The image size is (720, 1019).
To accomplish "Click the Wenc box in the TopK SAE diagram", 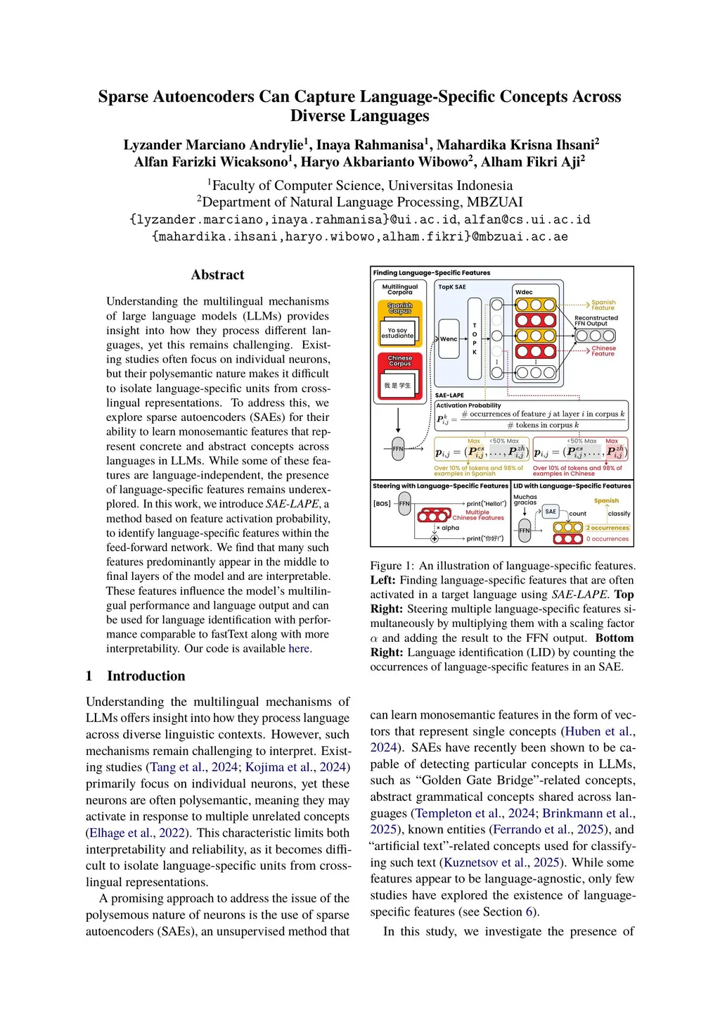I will (x=449, y=339).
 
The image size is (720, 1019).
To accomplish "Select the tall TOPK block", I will (x=475, y=338).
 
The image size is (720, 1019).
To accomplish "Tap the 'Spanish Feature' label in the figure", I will (x=603, y=305).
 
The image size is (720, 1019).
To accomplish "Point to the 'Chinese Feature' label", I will (x=603, y=350).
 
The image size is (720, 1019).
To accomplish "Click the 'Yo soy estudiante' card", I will (x=397, y=333).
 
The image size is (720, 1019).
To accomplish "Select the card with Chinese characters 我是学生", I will (x=397, y=386).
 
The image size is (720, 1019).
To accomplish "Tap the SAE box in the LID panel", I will (x=551, y=512).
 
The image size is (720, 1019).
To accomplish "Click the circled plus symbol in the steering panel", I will (x=435, y=538).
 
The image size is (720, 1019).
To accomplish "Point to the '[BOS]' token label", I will (x=382, y=503).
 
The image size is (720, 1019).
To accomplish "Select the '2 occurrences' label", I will (x=607, y=527).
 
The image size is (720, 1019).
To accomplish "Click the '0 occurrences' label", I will (x=607, y=539).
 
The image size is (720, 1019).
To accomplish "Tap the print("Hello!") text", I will (x=487, y=503).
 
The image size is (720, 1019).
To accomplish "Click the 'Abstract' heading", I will (x=218, y=275).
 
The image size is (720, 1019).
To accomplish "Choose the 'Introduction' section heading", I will (x=146, y=676).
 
